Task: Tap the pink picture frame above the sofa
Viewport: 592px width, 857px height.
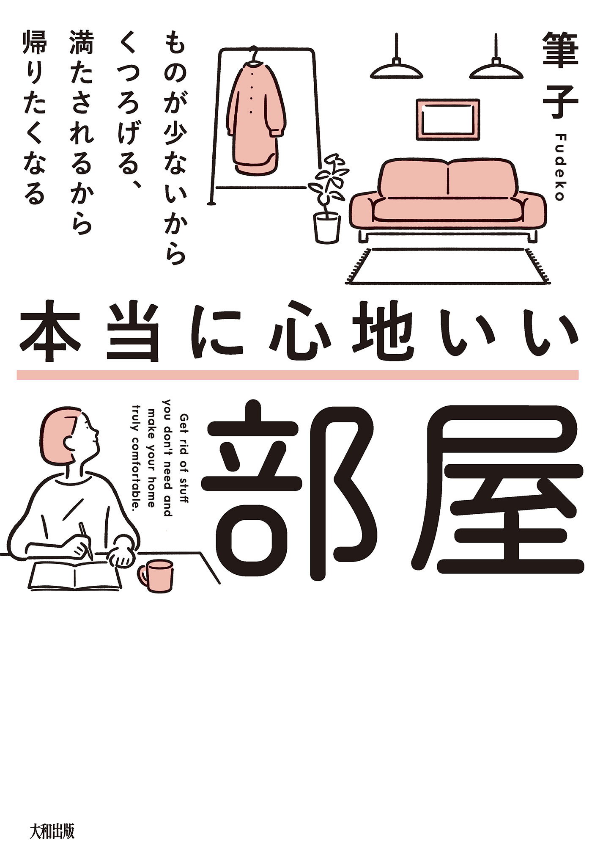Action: point(448,120)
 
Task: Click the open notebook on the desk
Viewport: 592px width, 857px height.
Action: point(75,576)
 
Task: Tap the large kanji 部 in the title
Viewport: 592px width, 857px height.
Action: point(288,491)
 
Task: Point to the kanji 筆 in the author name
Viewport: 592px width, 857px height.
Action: point(560,51)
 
